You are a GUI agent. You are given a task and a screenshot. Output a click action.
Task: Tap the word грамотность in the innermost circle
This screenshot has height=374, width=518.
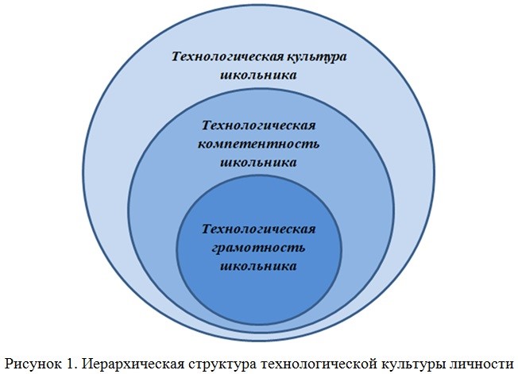point(260,248)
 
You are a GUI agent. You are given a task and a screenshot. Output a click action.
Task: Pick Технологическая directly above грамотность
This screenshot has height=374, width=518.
point(260,229)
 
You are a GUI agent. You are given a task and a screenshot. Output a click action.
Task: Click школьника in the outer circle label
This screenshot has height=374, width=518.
point(260,75)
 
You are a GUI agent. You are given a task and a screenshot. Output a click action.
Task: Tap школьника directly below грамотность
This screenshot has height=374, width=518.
point(260,266)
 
